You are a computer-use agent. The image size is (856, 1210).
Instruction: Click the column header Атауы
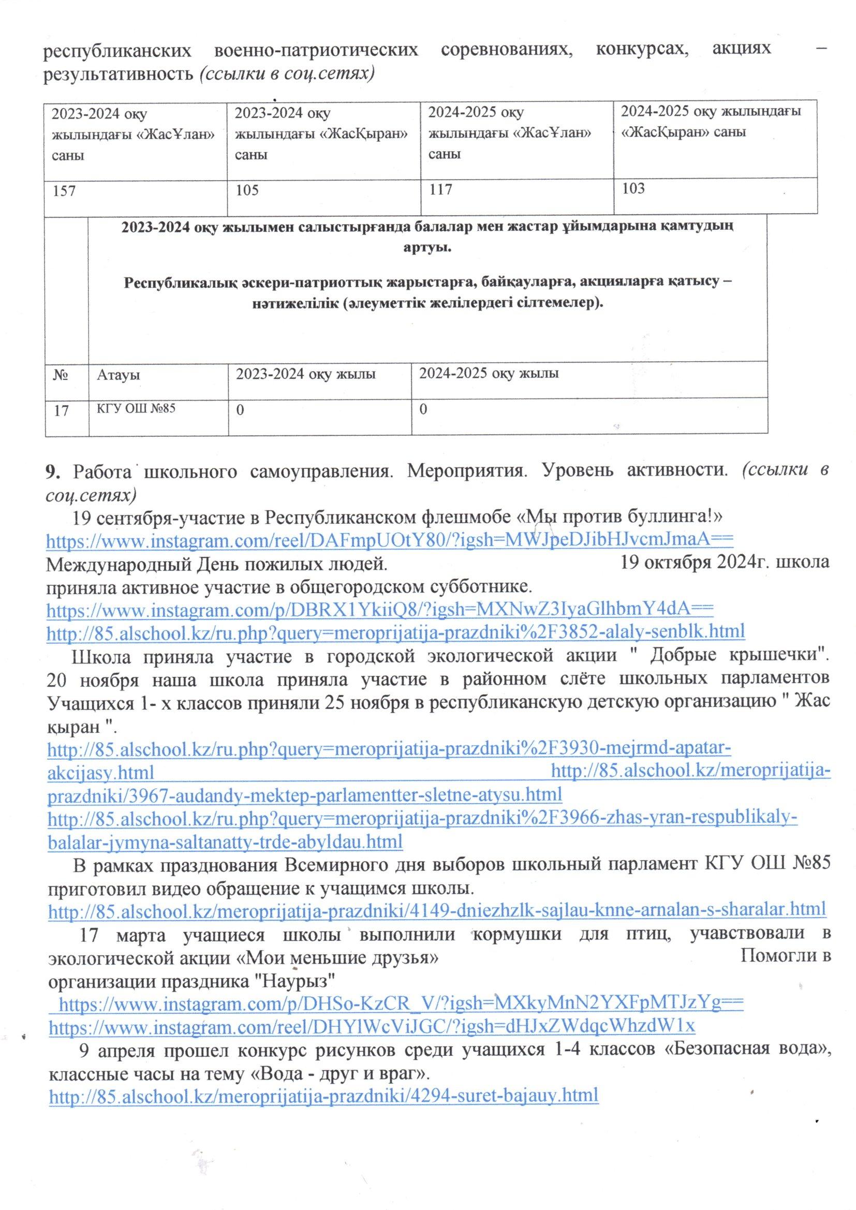pyautogui.click(x=119, y=376)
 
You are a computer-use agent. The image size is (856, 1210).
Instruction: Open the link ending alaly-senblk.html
pyautogui.click(x=395, y=630)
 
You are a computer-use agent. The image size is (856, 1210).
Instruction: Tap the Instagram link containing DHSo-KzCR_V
pyautogui.click(x=401, y=1002)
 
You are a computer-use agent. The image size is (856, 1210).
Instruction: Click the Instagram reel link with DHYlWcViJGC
pyautogui.click(x=372, y=1026)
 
